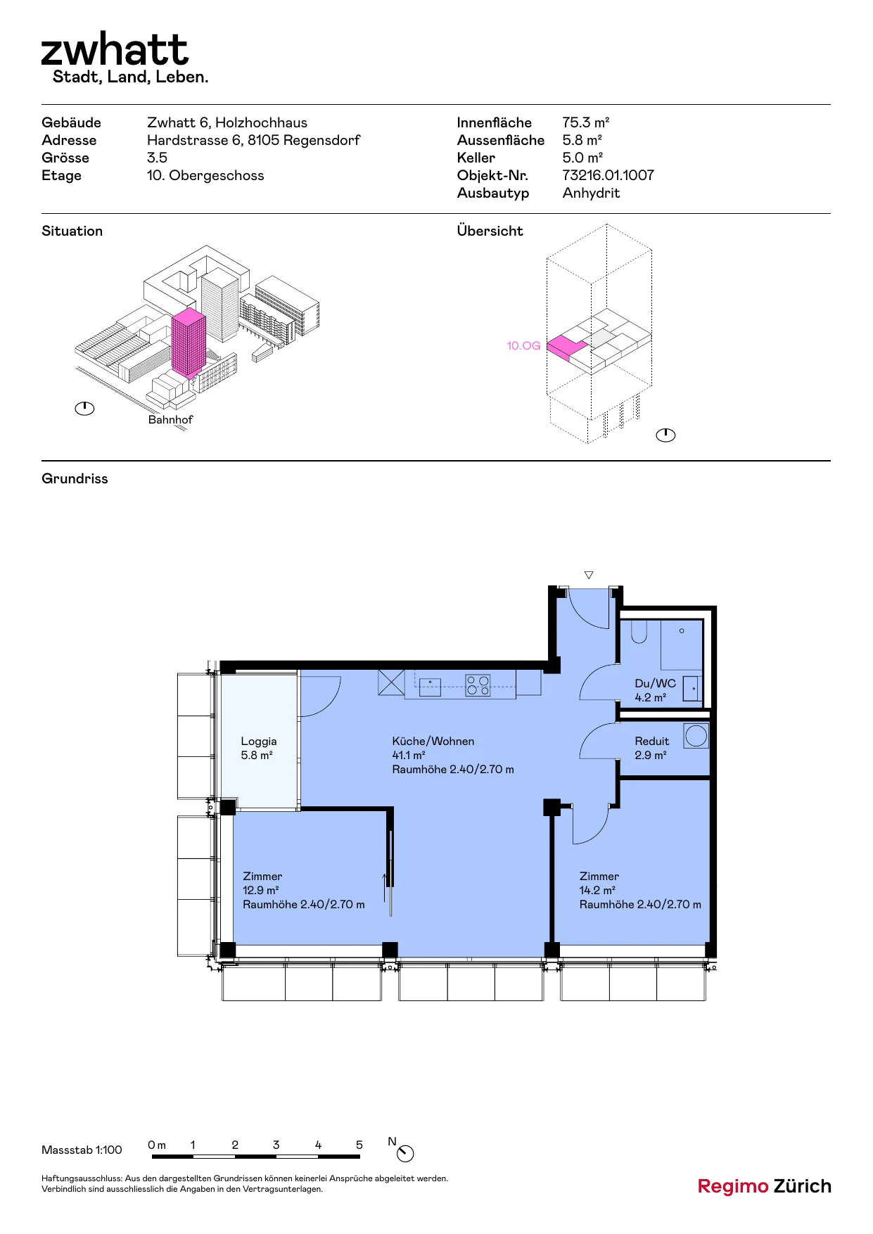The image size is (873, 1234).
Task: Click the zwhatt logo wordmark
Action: tap(115, 49)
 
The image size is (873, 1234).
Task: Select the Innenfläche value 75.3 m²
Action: tap(585, 122)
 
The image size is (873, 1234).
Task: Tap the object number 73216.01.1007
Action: tap(608, 175)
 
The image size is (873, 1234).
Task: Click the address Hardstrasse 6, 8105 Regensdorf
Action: tap(253, 140)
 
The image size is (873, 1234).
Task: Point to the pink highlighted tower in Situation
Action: tap(188, 342)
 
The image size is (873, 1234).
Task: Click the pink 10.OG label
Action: tap(523, 345)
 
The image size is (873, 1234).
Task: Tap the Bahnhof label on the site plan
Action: tap(170, 419)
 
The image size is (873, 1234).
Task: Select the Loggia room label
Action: tap(259, 741)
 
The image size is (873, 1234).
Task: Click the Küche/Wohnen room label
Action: tap(433, 741)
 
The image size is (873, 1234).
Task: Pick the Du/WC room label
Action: tap(655, 683)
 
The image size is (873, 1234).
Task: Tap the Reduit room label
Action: tap(652, 741)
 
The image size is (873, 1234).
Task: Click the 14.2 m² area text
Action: tap(597, 890)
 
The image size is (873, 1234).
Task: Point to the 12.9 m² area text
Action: tap(261, 890)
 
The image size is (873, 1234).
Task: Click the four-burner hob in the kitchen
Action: tap(478, 685)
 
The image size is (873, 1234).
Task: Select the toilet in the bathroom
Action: tap(639, 632)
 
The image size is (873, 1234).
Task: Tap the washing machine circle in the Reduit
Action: tap(696, 736)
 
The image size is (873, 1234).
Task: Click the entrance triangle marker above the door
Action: tap(589, 575)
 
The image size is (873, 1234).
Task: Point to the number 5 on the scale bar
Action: tap(359, 1145)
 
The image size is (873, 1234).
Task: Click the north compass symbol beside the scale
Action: tap(406, 1153)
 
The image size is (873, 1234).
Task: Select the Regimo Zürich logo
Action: tap(764, 1186)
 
